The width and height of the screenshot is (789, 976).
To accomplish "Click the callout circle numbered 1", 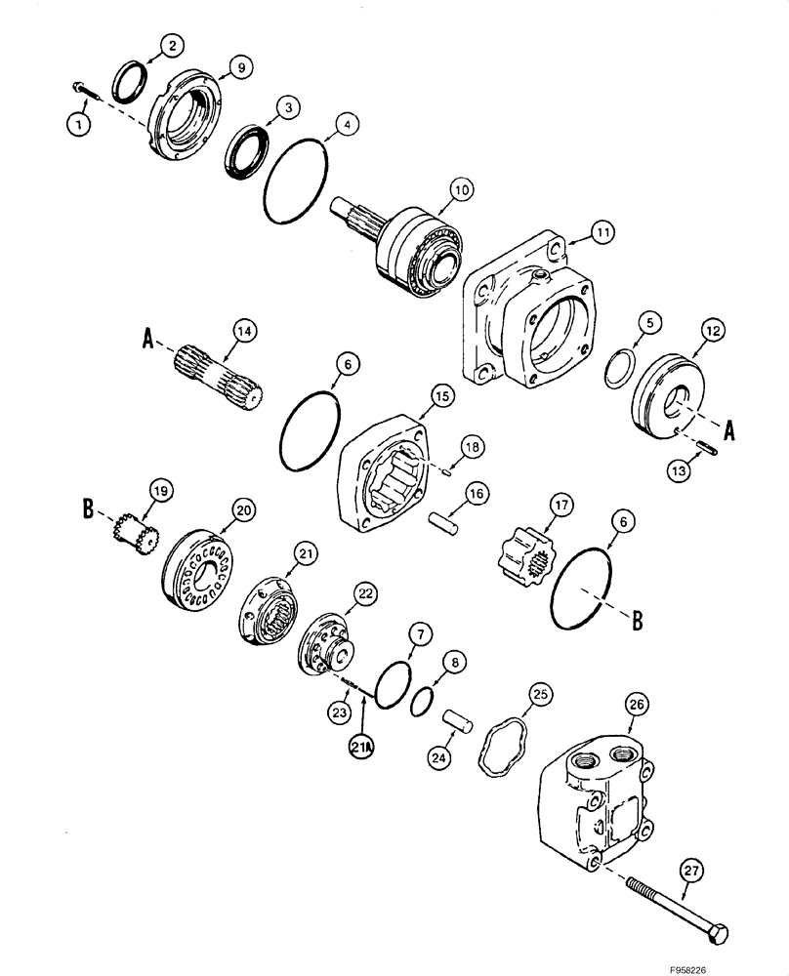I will [x=74, y=123].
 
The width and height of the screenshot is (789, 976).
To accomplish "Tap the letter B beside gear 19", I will [x=88, y=508].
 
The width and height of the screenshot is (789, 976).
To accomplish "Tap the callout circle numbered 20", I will [x=242, y=509].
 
